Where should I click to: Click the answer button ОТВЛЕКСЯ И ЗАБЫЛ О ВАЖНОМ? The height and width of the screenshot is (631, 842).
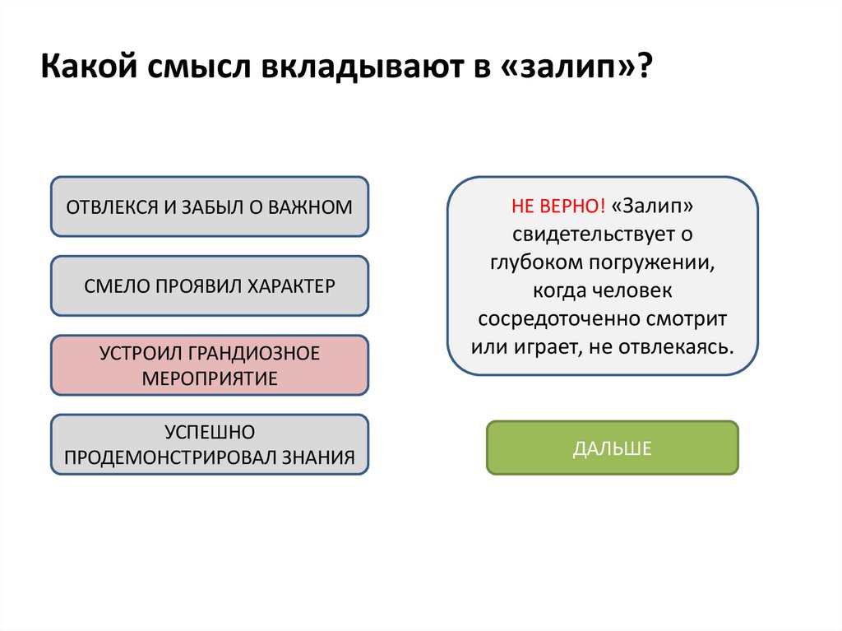click(210, 206)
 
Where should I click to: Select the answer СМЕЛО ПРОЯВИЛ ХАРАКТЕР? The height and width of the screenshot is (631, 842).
click(210, 286)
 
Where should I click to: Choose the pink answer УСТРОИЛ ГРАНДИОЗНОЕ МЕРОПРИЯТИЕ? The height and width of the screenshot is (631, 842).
click(210, 365)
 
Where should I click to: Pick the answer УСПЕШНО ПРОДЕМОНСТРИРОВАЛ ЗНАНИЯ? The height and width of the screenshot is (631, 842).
click(210, 444)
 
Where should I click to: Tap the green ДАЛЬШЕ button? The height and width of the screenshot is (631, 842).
click(612, 448)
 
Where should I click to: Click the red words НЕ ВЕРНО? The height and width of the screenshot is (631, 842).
click(558, 206)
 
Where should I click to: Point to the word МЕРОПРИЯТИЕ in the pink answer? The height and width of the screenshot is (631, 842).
click(210, 378)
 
